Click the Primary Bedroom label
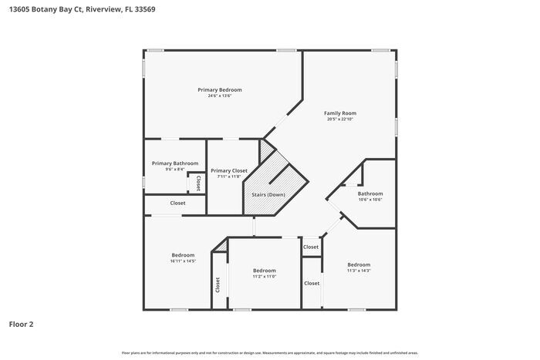[220, 89]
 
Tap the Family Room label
[340, 113]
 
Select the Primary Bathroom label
[175, 163]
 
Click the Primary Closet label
[229, 170]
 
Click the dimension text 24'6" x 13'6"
[220, 96]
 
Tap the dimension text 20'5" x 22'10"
[340, 119]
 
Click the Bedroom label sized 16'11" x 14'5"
[183, 255]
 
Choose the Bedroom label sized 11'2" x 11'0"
[265, 271]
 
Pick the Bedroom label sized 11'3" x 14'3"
[359, 264]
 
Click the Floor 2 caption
[21, 325]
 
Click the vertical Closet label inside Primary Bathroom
[198, 183]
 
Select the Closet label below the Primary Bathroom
[177, 203]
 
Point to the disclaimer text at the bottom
[270, 352]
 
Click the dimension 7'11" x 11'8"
[229, 177]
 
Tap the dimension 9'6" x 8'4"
[175, 170]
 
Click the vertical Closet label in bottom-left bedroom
[218, 285]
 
